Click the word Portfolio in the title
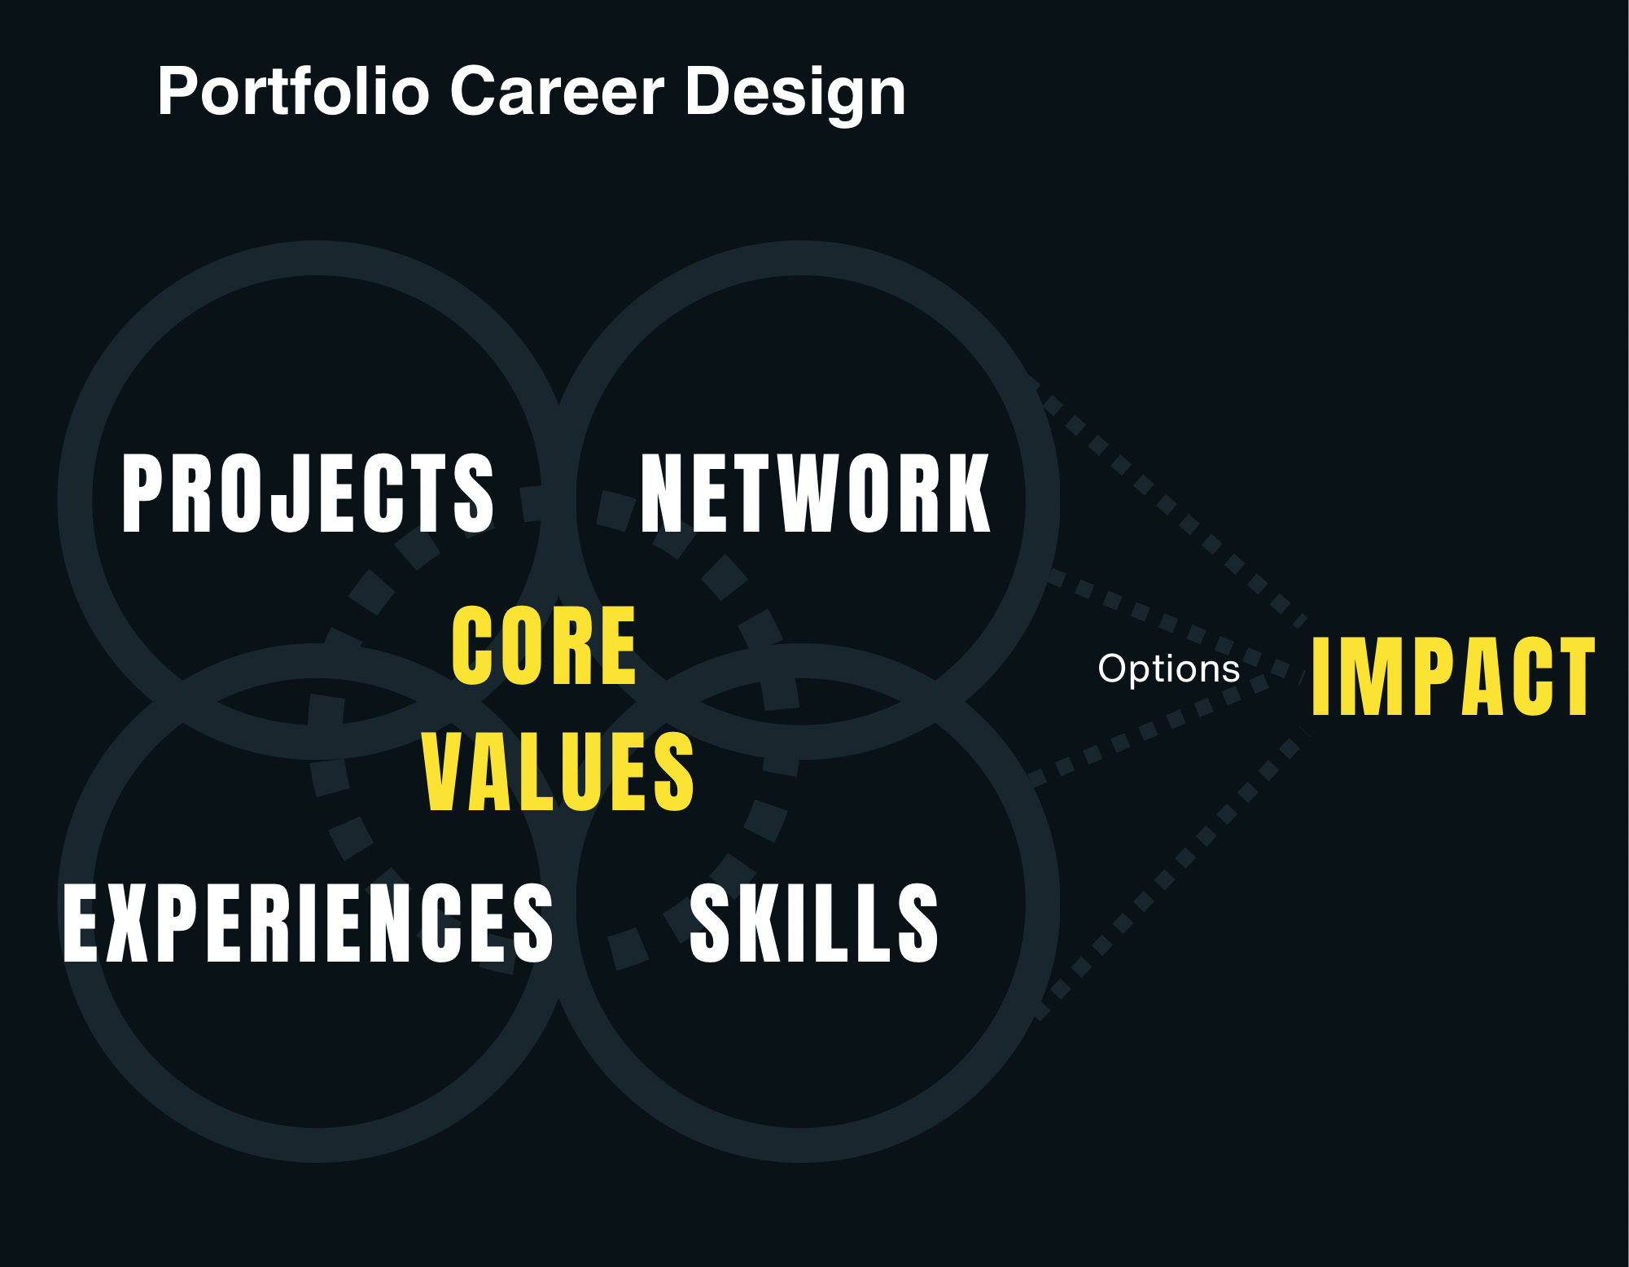click(294, 91)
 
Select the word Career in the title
click(557, 91)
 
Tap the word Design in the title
click(795, 94)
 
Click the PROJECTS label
click(308, 493)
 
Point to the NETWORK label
click(816, 493)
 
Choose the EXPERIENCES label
click(308, 923)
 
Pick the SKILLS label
click(814, 923)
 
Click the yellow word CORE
click(544, 646)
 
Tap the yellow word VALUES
click(558, 771)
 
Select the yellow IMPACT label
click(1453, 677)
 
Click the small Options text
click(1169, 669)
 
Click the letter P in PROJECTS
click(142, 493)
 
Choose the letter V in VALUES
click(446, 771)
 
